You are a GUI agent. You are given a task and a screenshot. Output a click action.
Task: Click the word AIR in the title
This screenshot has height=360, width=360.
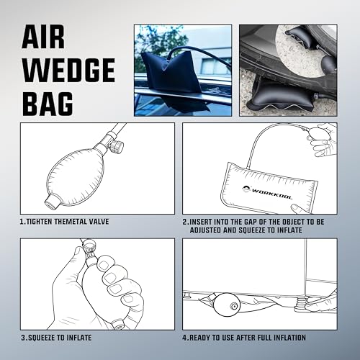tap(43, 37)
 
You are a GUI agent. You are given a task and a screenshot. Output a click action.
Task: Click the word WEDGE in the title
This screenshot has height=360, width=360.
tap(68, 71)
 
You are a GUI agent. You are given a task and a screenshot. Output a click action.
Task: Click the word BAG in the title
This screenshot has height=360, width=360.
tap(48, 104)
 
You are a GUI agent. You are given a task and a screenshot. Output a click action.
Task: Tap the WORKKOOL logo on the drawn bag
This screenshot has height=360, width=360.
tap(267, 192)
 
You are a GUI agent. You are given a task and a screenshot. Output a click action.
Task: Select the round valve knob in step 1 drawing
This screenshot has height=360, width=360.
tap(117, 147)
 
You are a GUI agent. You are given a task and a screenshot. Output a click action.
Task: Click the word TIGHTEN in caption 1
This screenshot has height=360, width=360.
tap(39, 222)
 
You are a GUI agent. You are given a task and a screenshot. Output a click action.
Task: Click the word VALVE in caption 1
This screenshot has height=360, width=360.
tap(99, 222)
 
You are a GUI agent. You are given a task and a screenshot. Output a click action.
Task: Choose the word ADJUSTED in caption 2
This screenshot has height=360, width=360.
tap(205, 230)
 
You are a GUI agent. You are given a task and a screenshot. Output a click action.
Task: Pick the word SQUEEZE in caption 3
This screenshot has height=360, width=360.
tap(42, 338)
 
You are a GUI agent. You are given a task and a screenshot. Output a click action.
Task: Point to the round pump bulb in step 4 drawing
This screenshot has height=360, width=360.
tap(226, 304)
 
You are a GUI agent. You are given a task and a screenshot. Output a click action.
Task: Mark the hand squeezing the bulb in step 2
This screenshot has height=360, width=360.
tap(323, 139)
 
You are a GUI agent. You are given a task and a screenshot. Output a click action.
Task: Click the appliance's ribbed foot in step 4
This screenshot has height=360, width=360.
tap(300, 303)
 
